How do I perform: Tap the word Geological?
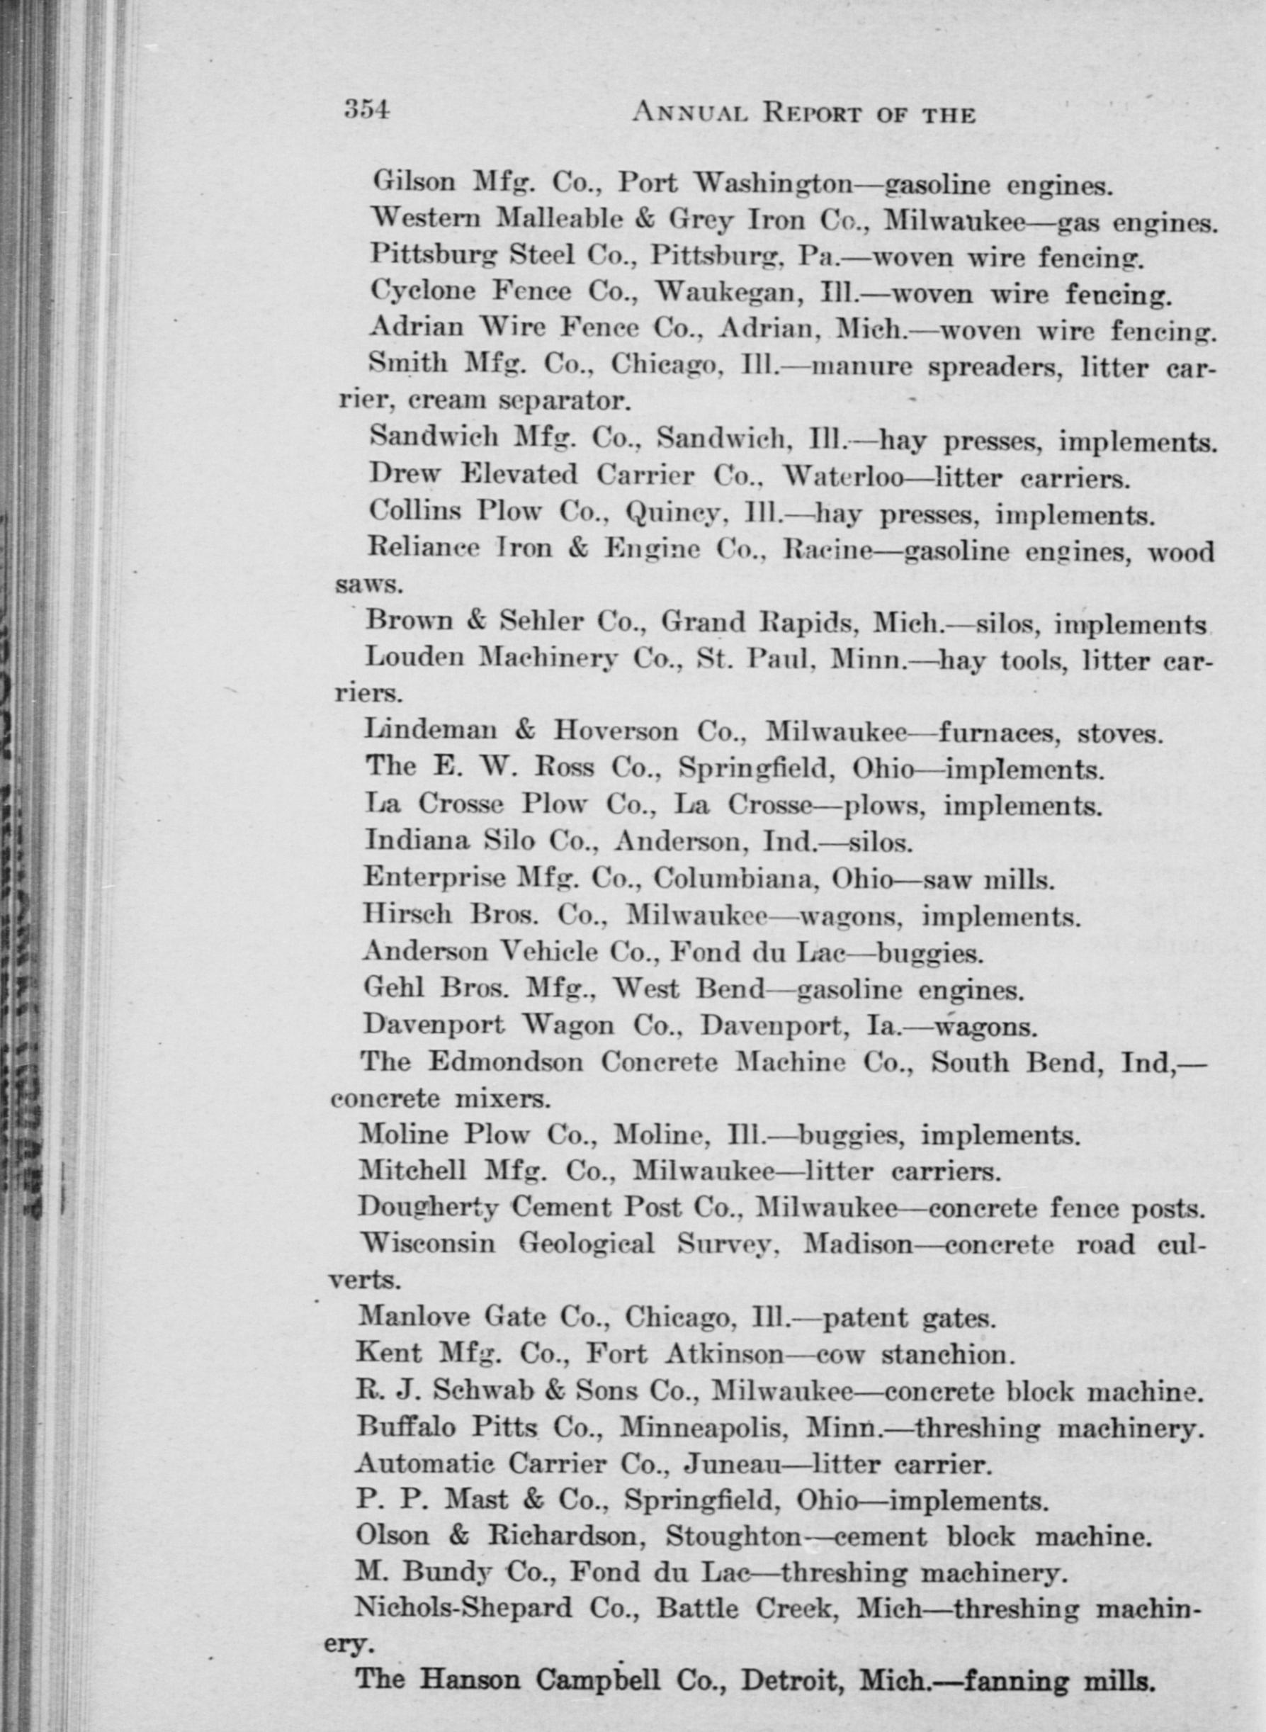point(587,1243)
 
